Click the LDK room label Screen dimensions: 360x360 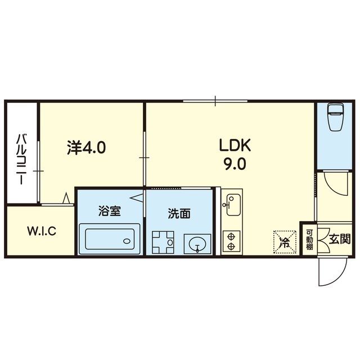pos(235,145)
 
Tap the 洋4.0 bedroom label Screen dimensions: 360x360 pos(86,147)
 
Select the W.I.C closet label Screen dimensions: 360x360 pos(42,231)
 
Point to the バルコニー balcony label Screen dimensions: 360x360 pos(22,160)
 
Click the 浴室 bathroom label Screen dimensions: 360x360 pos(110,211)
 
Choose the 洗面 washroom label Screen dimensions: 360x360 pos(179,214)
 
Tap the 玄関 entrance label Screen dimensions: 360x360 pos(340,239)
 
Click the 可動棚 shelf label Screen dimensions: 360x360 pos(309,240)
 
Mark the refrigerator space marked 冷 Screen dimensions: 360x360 pos(285,242)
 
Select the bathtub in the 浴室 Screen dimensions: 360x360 pos(110,238)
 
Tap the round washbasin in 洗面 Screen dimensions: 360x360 pos(197,244)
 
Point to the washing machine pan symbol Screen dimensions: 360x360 pos(163,242)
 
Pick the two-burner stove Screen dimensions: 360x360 pos(231,242)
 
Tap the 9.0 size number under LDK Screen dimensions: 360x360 pos(235,164)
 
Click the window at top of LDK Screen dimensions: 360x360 pos(215,101)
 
